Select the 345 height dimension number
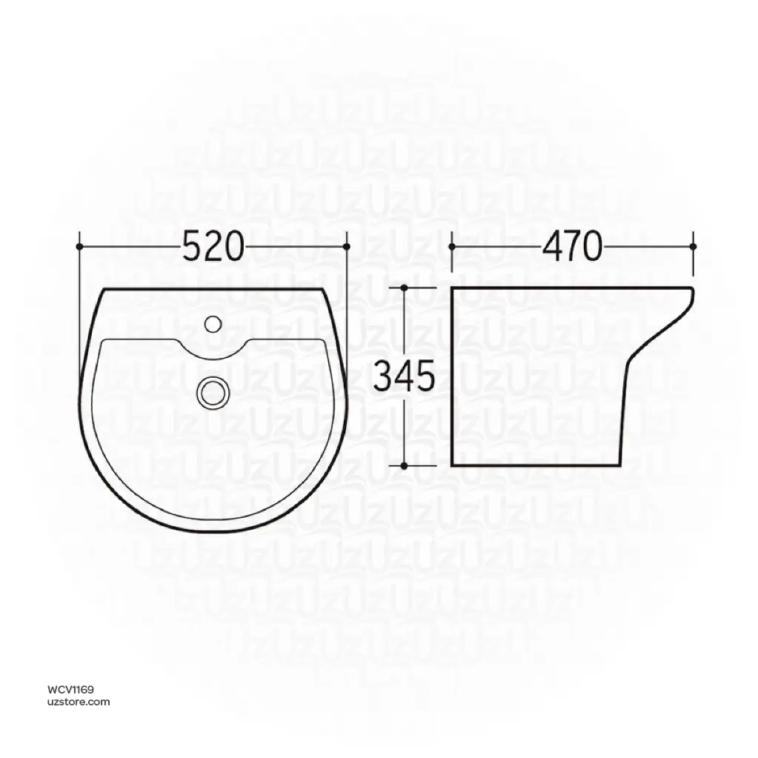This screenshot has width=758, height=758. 403,376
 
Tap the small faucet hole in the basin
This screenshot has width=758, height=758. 213,322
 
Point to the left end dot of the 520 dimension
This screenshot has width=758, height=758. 79,245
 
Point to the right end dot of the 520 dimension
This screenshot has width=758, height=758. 347,245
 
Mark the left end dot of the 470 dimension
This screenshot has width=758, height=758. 452,245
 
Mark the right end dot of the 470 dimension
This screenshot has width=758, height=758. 693,245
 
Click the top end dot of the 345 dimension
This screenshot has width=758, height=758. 404,287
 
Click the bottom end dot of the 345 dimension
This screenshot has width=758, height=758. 404,465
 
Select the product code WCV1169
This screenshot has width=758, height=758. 72,690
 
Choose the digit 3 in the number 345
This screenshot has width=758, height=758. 384,376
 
